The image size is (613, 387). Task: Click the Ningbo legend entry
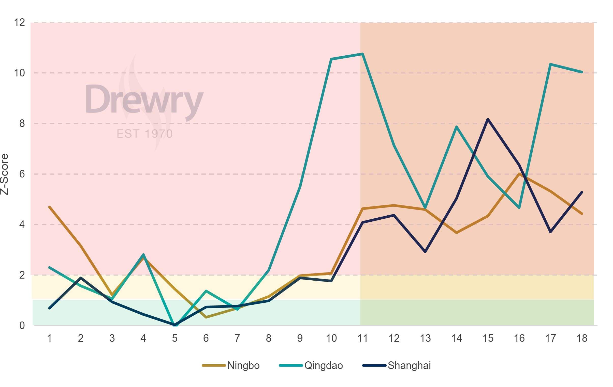point(243,365)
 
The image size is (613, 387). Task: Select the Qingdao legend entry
point(323,365)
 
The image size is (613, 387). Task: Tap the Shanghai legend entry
point(409,365)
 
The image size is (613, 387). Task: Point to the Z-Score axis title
point(5,174)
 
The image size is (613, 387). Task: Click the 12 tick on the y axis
point(19,22)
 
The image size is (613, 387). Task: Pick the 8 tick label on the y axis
point(22,123)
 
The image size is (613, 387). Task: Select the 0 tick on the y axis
point(22,326)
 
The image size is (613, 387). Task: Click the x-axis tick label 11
point(362,338)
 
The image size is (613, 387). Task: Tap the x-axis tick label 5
point(175,338)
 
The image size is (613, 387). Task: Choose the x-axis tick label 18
point(582,338)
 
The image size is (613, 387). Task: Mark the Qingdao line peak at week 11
point(362,54)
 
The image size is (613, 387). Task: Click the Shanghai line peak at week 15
point(488,119)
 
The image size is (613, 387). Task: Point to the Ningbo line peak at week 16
point(519,174)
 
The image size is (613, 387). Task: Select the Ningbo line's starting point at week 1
point(49,207)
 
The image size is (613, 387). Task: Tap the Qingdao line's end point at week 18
point(582,72)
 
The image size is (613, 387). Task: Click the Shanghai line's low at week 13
point(425,252)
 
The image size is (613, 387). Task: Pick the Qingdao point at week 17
point(550,64)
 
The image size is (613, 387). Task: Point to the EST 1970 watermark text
point(144,134)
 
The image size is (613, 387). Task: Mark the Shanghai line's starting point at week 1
point(49,308)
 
